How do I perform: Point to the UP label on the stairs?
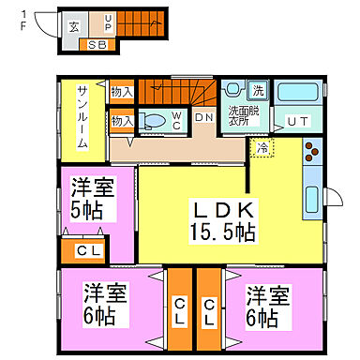108,23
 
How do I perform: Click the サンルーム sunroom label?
82,116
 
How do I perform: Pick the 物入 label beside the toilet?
122,121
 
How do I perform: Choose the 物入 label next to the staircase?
122,92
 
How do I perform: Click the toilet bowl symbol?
153,120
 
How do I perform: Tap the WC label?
178,120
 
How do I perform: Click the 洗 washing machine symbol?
258,91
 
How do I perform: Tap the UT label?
298,120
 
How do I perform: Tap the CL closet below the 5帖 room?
89,250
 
